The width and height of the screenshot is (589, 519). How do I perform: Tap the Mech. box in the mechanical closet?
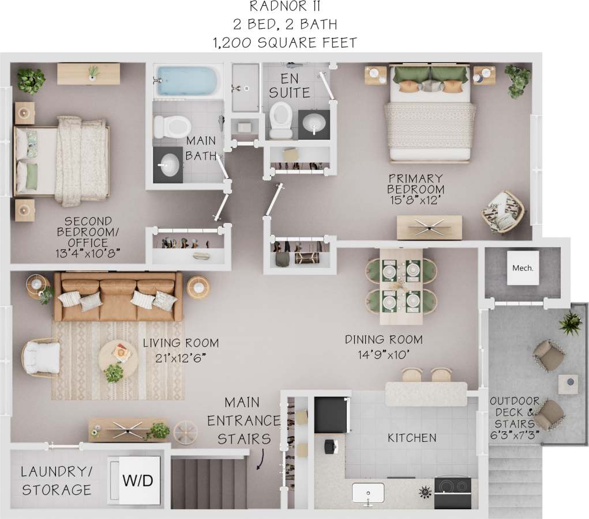pos(523,268)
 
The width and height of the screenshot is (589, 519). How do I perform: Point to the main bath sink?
pos(170,164)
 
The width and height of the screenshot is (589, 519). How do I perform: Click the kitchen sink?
pos(368,493)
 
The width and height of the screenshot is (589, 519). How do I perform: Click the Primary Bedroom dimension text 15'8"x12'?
pos(415,201)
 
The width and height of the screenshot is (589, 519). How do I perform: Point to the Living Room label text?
pos(181,343)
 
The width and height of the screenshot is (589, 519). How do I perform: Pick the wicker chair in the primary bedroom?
pos(502,211)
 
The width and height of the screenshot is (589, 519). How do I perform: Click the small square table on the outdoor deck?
pos(568,384)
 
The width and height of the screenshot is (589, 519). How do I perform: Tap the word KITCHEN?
pos(411,438)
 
